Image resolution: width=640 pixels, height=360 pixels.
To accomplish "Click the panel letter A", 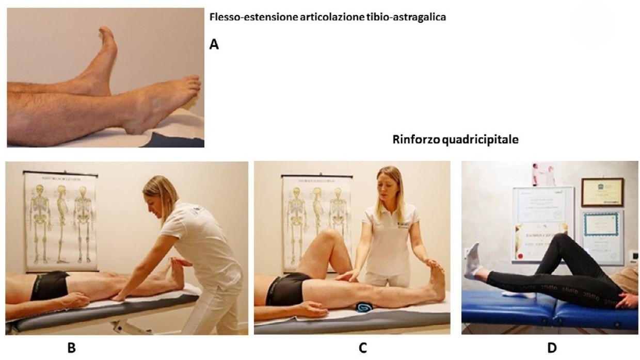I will tap(214, 45).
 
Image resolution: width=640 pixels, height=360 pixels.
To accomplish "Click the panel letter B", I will tap(72, 348).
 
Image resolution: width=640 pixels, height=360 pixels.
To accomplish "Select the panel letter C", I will tap(363, 348).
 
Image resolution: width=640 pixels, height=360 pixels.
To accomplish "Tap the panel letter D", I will tap(552, 348).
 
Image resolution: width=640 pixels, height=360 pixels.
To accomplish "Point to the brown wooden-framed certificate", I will tap(602, 192).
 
